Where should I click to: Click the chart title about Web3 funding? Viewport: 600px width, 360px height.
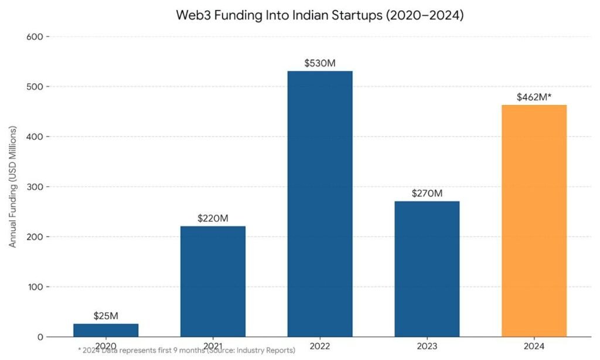coord(319,16)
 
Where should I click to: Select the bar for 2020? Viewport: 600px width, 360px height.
coord(106,331)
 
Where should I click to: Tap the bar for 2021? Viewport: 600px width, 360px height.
coord(213,281)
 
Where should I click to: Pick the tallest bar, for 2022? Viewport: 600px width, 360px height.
coord(320,204)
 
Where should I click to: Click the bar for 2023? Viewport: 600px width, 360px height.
coord(427,269)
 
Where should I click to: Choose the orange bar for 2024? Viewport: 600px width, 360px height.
coord(534,221)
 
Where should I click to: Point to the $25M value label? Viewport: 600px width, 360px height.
coord(106,316)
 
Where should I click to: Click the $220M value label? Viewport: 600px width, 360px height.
coord(213,219)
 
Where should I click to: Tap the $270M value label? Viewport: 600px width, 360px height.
coord(427,193)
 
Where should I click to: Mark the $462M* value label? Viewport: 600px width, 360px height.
coord(534,97)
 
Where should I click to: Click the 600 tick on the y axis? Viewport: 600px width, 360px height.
coord(35,36)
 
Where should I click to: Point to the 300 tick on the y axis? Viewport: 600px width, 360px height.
coord(35,187)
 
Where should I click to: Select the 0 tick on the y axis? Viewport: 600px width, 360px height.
coord(39,337)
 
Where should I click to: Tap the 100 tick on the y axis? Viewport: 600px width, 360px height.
coord(35,287)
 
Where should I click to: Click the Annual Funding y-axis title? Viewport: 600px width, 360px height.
coord(13,186)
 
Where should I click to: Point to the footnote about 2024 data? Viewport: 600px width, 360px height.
coord(186,351)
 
